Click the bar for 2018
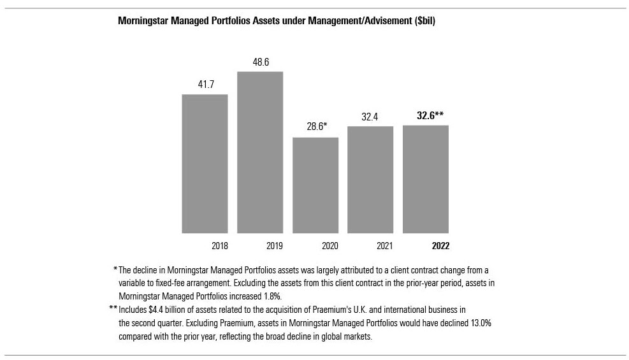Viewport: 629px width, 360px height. coord(205,164)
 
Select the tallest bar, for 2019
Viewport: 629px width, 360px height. coord(260,152)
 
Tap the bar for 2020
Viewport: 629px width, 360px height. coord(315,185)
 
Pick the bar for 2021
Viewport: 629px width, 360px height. coord(370,180)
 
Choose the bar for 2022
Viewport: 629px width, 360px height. coord(425,179)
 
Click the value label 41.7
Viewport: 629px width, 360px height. coord(205,85)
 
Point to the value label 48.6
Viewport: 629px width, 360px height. coord(260,62)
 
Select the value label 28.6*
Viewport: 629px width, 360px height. coord(315,127)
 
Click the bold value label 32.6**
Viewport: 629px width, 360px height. coord(425,115)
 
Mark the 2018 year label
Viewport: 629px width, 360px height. coord(219,245)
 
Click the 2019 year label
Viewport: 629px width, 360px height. coord(275,245)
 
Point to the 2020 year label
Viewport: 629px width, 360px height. coord(329,245)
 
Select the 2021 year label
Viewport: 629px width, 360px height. coord(385,245)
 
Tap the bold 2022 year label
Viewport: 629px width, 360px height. coord(440,245)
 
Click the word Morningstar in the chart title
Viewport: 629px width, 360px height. coord(143,21)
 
